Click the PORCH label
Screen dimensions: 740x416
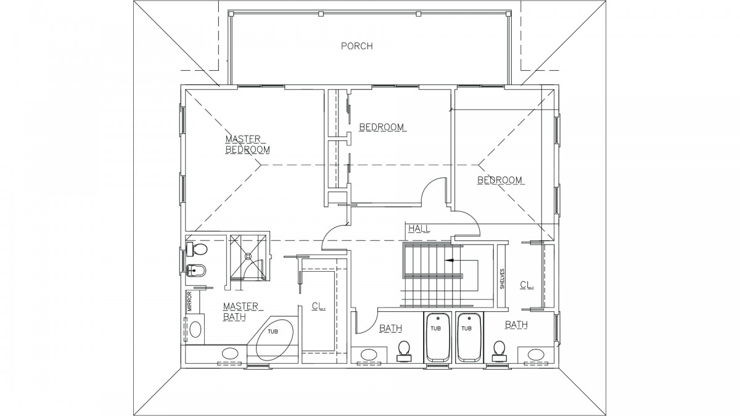tap(357, 46)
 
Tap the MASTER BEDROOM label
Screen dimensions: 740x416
tap(247, 144)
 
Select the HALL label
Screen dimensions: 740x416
tap(419, 229)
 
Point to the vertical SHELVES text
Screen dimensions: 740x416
tap(502, 279)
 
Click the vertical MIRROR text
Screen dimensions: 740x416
tap(190, 301)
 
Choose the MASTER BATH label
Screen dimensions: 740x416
tap(241, 311)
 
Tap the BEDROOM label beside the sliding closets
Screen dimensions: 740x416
tap(382, 127)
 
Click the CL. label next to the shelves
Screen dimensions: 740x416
tap(527, 285)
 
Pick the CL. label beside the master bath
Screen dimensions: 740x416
tap(319, 306)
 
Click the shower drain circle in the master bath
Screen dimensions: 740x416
tap(248, 256)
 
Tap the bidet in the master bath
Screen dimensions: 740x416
tap(196, 271)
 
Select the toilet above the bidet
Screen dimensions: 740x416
tap(197, 249)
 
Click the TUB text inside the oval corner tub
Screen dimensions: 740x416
tap(273, 332)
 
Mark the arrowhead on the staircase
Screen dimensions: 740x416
tap(449, 260)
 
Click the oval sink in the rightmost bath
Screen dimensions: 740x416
tap(536, 355)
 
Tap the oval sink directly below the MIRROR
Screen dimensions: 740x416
tap(195, 329)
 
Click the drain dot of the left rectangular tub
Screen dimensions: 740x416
tap(438, 319)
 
